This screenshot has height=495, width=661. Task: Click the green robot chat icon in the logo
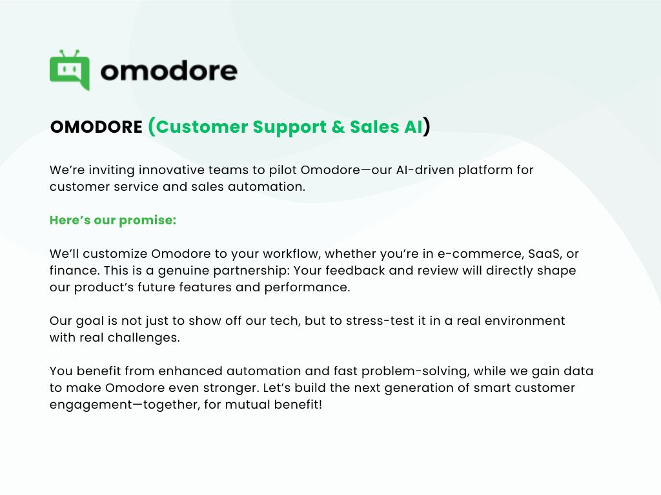coord(70,70)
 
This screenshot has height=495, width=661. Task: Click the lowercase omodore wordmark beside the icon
coord(169,70)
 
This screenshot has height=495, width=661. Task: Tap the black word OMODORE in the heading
coord(96,127)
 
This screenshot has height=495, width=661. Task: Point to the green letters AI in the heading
coord(413,127)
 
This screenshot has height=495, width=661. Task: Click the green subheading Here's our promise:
coord(113,220)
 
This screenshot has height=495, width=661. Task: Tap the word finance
coord(73,271)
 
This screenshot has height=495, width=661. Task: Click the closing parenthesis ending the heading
coord(427,127)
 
